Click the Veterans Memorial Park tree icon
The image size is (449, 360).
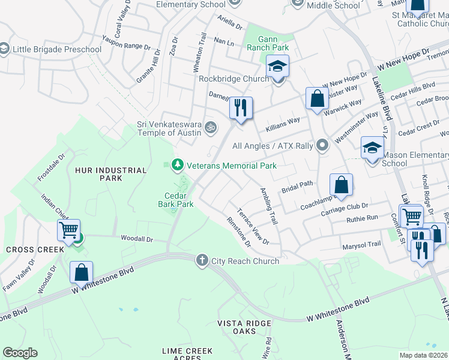[x=176, y=165]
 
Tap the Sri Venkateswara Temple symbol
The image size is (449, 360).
[x=210, y=127]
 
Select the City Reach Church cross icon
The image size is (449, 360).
[x=202, y=260]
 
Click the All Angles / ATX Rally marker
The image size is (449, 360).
[x=323, y=145]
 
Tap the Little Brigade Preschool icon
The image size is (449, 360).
[x=5, y=49]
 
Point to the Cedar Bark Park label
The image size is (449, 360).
[x=179, y=200]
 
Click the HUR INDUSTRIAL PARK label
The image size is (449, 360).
[x=111, y=174]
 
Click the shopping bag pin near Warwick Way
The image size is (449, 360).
[x=317, y=99]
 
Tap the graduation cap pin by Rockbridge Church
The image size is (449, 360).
[x=277, y=66]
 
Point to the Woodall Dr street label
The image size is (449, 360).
[x=137, y=239]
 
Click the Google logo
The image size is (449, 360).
[x=20, y=353]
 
